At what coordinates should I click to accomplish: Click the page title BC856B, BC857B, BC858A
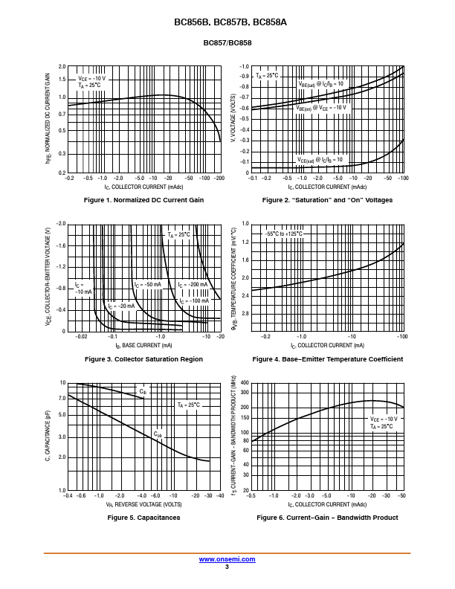click(x=227, y=22)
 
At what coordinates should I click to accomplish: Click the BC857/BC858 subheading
click(x=227, y=43)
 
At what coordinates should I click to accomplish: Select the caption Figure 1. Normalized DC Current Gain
click(x=143, y=200)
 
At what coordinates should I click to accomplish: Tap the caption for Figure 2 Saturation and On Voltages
click(x=327, y=200)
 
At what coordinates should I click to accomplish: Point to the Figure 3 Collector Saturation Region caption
click(x=143, y=359)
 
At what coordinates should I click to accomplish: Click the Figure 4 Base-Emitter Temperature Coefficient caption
click(x=327, y=359)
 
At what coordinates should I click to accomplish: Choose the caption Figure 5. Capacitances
click(x=143, y=518)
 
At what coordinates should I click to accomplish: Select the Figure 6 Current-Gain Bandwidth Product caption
click(x=327, y=518)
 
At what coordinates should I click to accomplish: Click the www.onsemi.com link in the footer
click(x=227, y=559)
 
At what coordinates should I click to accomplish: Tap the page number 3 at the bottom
click(x=227, y=567)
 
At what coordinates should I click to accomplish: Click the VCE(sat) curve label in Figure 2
click(x=320, y=159)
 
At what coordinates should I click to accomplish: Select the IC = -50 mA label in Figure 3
click(x=148, y=285)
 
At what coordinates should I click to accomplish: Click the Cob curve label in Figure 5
click(x=158, y=434)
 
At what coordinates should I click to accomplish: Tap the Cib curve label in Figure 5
click(x=143, y=390)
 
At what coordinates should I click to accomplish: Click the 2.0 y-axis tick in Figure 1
click(x=62, y=67)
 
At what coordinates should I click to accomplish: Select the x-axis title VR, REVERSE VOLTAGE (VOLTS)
click(x=143, y=504)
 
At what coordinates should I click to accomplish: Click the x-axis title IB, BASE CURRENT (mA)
click(x=143, y=346)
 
